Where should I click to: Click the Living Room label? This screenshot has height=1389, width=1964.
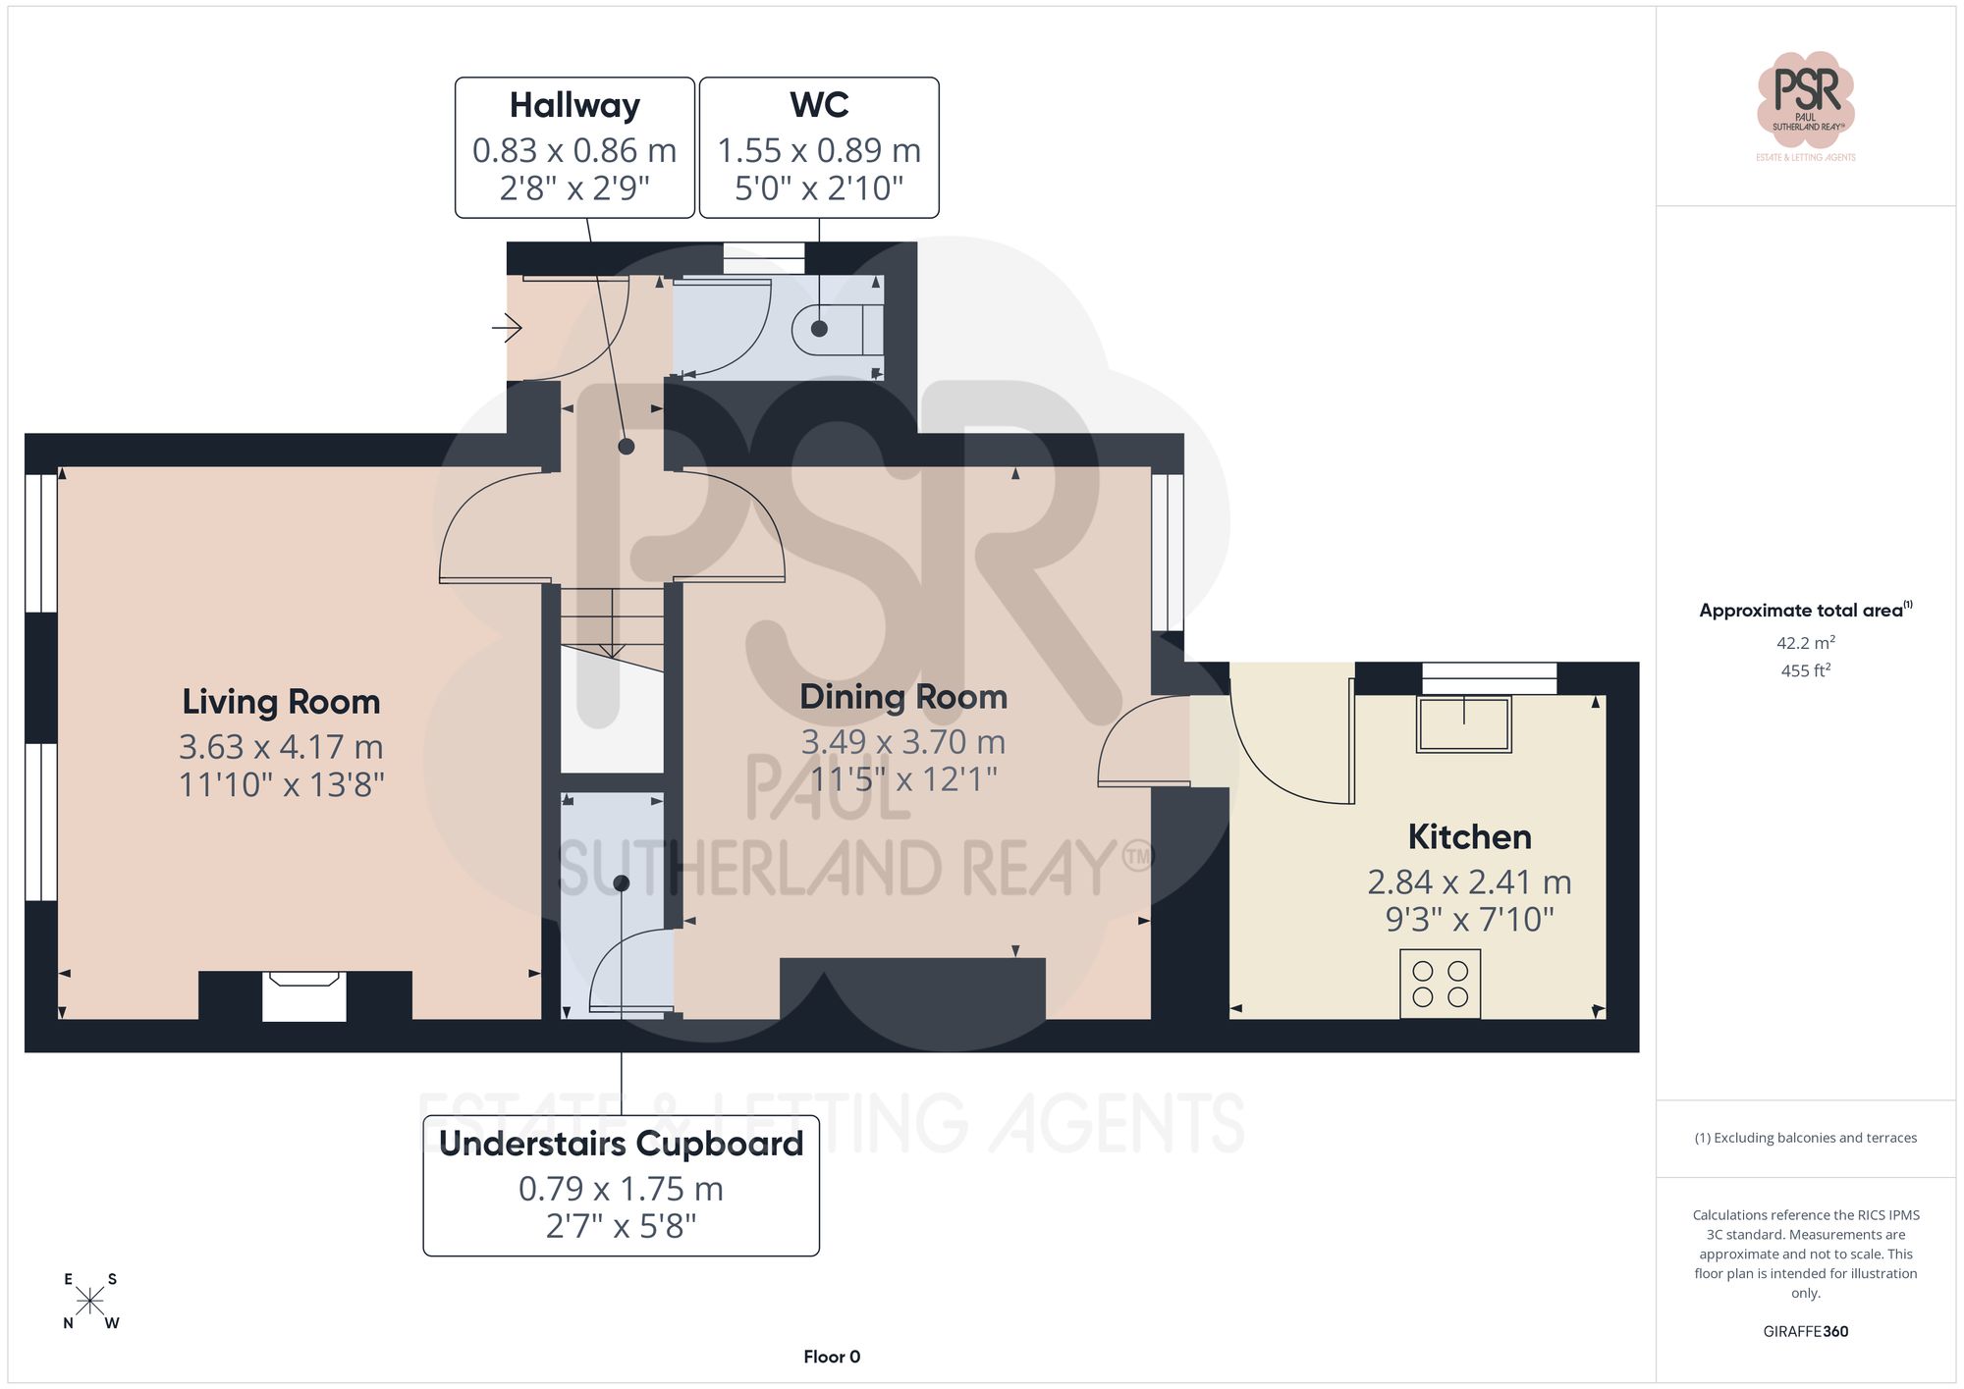tap(281, 702)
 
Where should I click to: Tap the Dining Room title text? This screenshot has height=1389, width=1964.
tap(903, 697)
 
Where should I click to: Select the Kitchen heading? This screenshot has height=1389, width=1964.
tap(1469, 836)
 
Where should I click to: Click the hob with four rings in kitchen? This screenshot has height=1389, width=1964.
tap(1440, 984)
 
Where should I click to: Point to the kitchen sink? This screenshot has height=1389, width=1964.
tap(1463, 724)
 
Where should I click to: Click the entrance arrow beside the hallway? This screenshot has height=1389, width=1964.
tap(508, 327)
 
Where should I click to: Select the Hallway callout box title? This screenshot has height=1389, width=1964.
tap(574, 105)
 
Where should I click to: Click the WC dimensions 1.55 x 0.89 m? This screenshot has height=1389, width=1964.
tap(819, 150)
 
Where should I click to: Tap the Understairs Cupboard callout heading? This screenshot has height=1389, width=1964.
tap(621, 1144)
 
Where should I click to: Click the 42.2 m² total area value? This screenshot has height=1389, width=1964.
tap(1805, 643)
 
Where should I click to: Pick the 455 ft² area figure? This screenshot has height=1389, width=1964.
tap(1805, 670)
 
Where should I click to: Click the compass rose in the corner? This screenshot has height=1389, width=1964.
tap(89, 1302)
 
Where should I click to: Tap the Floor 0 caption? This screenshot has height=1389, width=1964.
tap(832, 1357)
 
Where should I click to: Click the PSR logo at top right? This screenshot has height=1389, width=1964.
tap(1805, 98)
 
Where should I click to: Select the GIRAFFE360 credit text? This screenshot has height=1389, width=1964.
tap(1805, 1331)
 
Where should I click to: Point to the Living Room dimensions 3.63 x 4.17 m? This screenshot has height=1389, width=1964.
tap(281, 747)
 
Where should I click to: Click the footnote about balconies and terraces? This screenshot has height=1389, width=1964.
tap(1805, 1138)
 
